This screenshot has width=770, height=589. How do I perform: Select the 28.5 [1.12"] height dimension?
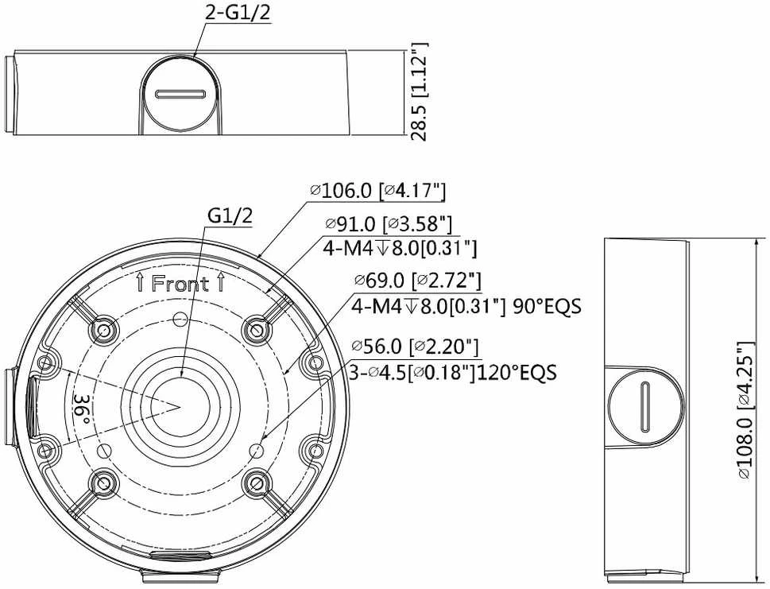click(420, 92)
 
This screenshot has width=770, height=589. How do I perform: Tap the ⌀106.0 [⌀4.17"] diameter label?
click(378, 191)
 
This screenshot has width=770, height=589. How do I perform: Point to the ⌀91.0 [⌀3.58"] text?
click(389, 224)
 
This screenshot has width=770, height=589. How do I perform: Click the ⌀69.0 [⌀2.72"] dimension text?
click(418, 281)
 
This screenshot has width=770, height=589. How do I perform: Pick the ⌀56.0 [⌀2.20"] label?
click(415, 347)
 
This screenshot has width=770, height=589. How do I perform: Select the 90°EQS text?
click(547, 307)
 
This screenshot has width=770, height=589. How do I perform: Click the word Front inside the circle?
click(180, 284)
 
